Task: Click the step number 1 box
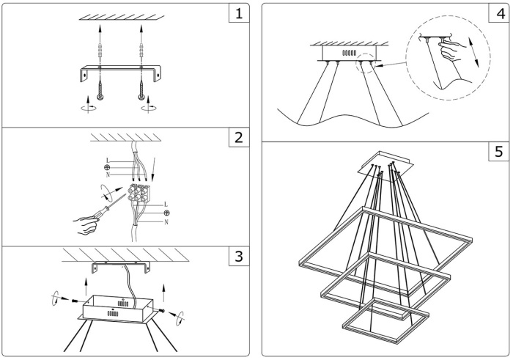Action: [237, 14]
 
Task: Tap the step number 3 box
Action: [237, 258]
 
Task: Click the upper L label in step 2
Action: [108, 161]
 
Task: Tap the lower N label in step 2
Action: [166, 221]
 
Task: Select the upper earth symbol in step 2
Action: [108, 168]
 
